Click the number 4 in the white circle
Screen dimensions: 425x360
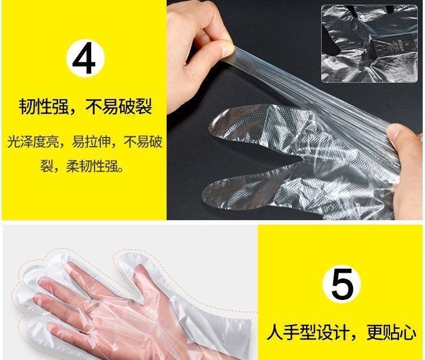click(84, 58)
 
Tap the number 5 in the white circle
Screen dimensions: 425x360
click(342, 284)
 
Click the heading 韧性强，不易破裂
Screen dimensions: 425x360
click(85, 106)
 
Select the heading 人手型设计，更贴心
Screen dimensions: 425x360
click(342, 333)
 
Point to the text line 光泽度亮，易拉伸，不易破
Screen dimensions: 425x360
click(84, 142)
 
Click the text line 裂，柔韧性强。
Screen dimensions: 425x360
click(82, 166)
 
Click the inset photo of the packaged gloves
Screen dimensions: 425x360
click(369, 44)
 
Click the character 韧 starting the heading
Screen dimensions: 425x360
click(27, 106)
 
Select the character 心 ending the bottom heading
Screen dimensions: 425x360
click(408, 333)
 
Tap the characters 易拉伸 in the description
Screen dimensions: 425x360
click(91, 142)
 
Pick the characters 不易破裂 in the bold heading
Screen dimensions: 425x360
click(118, 106)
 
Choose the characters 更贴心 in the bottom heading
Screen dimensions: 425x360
click(392, 333)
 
